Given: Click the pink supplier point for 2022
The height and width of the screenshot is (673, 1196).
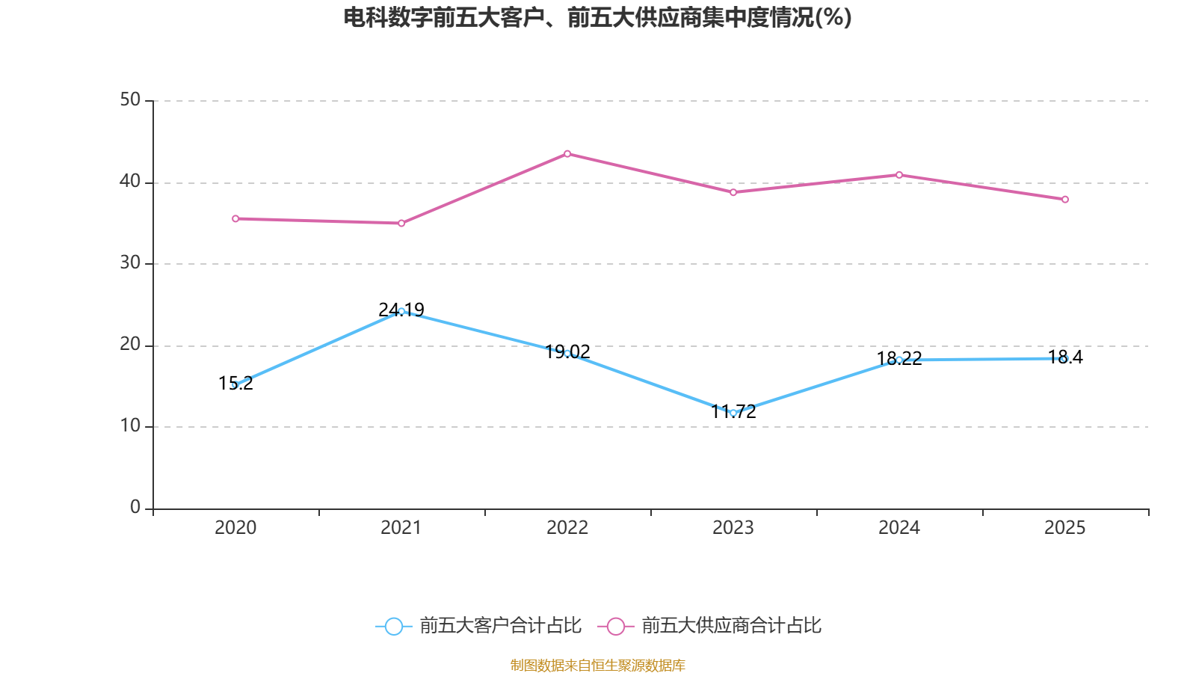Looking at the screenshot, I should [x=567, y=154].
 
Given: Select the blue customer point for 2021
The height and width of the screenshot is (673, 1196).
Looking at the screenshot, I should [x=401, y=311].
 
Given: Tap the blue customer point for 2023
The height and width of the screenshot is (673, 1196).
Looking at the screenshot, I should [x=733, y=413].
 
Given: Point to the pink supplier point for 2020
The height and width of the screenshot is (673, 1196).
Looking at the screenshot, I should [x=235, y=218].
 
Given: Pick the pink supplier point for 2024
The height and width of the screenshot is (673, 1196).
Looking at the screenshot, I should [x=899, y=175].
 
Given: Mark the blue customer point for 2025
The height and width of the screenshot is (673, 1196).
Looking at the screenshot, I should [x=1065, y=359].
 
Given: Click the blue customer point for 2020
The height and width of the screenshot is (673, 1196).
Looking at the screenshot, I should [x=235, y=385].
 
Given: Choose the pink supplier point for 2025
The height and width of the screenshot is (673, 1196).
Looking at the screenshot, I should [x=1065, y=200].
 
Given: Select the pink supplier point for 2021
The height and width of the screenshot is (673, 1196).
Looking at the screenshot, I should [x=401, y=223].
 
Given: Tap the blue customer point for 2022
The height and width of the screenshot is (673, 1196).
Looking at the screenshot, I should [x=567, y=353].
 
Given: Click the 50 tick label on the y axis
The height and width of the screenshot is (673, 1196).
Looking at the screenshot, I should [x=130, y=100].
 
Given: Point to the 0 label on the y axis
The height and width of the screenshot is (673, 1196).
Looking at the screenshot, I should [x=135, y=508].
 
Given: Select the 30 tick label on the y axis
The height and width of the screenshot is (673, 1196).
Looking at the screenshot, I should [x=130, y=263].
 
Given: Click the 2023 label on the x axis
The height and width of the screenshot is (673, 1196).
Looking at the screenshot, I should [x=733, y=528].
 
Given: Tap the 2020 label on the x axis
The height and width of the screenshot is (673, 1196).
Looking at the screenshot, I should [x=235, y=528].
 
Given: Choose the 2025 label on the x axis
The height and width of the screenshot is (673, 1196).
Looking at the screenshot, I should [x=1065, y=528].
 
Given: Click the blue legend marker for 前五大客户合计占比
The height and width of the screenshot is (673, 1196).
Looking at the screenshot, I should [x=393, y=627].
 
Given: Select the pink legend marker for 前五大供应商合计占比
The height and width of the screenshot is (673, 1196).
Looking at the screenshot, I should [x=616, y=627].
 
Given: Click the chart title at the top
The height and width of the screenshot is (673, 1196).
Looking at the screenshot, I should [x=597, y=17].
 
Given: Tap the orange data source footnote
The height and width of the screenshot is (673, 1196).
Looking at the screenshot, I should [x=597, y=665].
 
